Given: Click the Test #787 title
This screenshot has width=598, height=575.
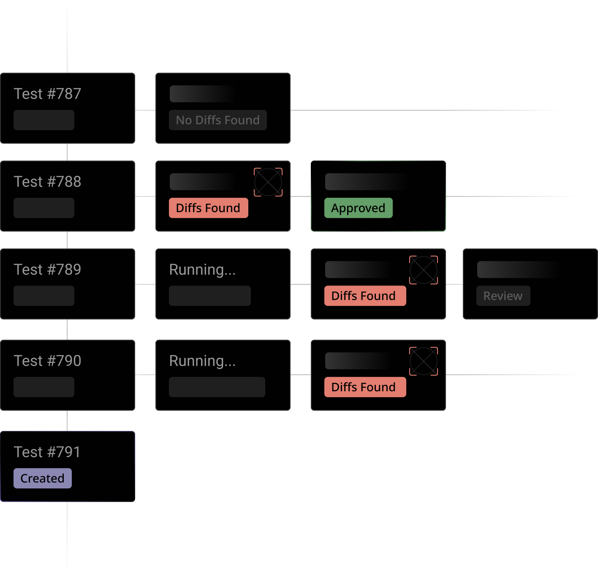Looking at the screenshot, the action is point(47,94).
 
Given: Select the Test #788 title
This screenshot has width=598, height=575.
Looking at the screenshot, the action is point(47,182).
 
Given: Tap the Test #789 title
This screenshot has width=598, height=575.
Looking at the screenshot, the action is point(47,270).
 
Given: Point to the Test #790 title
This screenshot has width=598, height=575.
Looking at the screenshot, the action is point(47,361).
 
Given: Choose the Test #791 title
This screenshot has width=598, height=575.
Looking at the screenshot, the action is point(47,452).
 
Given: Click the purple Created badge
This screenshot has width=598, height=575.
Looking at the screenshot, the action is point(42,478).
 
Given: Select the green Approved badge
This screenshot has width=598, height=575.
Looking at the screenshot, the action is point(358,208).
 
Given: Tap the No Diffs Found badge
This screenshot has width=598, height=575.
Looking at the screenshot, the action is point(217,120).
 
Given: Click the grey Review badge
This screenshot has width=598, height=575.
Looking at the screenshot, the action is point(503,296).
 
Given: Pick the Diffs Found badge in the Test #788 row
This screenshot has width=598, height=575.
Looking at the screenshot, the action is point(208,208).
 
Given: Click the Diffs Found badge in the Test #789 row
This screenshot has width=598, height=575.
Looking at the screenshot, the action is point(365,296).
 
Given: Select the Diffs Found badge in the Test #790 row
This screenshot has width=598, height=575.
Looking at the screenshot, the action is point(365,387).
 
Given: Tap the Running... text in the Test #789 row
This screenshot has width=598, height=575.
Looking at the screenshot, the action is point(202,270).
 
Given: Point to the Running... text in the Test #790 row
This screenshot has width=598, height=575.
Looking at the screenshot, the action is point(202,361).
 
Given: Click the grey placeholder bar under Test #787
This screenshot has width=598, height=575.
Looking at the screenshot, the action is point(44,120).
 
